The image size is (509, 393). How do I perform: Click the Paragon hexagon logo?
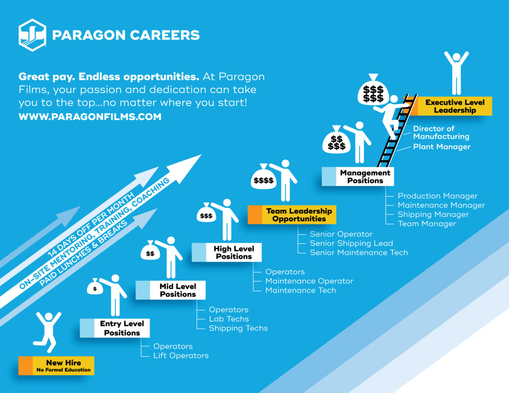[x=32, y=35]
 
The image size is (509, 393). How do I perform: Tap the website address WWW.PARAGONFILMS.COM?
[x=90, y=117]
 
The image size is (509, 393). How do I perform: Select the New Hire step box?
[x=56, y=366]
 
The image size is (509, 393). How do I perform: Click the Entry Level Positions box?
[x=115, y=328]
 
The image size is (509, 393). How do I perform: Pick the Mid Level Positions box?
[x=171, y=290]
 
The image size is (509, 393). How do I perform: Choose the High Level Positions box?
[x=227, y=252]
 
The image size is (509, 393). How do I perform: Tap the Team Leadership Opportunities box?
[x=292, y=215]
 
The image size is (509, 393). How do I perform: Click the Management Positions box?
[x=358, y=176]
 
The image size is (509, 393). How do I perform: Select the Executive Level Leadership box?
[x=448, y=106]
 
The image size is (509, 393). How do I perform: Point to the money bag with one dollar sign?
[x=95, y=287]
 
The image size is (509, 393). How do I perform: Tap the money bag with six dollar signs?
[x=373, y=91]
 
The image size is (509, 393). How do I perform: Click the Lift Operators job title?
[x=181, y=356]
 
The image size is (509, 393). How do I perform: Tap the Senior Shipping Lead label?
[x=352, y=243]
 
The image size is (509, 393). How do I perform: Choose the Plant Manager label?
[x=441, y=147]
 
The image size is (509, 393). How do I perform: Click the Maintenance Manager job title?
[x=441, y=205]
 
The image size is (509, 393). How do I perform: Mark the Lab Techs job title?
[x=229, y=319]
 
